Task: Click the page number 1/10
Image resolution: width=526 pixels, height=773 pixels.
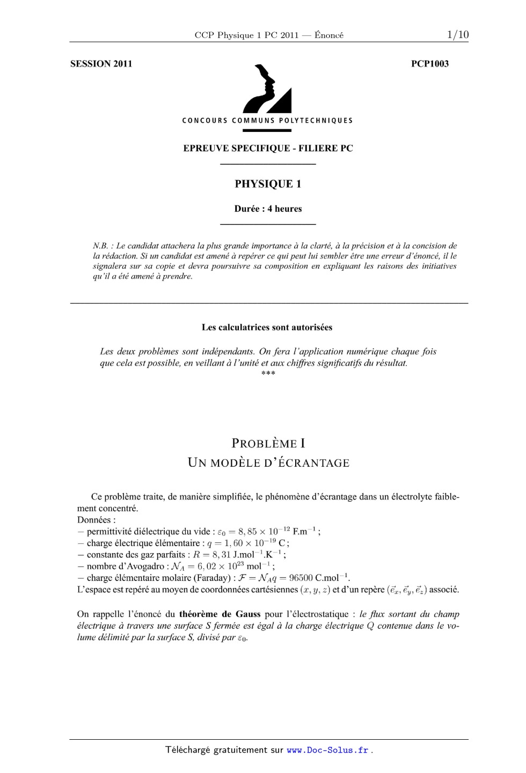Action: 457,35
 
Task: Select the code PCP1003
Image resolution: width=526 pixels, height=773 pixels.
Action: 429,64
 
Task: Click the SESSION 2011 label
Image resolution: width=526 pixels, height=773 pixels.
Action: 101,64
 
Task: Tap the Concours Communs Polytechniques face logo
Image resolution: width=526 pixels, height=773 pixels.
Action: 267,89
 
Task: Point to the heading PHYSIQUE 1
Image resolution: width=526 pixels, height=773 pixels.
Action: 268,184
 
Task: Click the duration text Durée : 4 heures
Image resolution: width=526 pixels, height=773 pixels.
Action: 268,209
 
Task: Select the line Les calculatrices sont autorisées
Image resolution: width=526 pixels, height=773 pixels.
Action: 267,327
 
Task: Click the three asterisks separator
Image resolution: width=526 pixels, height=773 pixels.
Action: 268,373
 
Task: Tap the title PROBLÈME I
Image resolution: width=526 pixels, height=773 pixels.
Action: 268,444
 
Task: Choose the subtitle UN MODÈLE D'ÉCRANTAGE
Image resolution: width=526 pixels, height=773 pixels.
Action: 268,463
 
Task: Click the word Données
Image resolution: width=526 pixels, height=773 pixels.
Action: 94,520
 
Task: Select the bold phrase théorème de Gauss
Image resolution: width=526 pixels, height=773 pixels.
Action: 220,614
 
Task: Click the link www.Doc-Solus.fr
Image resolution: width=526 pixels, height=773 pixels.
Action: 327,750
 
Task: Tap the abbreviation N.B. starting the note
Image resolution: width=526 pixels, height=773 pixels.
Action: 100,246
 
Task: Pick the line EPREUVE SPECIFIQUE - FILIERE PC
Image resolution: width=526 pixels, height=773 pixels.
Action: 268,149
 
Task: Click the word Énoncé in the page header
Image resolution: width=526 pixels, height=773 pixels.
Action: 329,35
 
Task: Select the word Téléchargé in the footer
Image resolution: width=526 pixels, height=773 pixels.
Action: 187,750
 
